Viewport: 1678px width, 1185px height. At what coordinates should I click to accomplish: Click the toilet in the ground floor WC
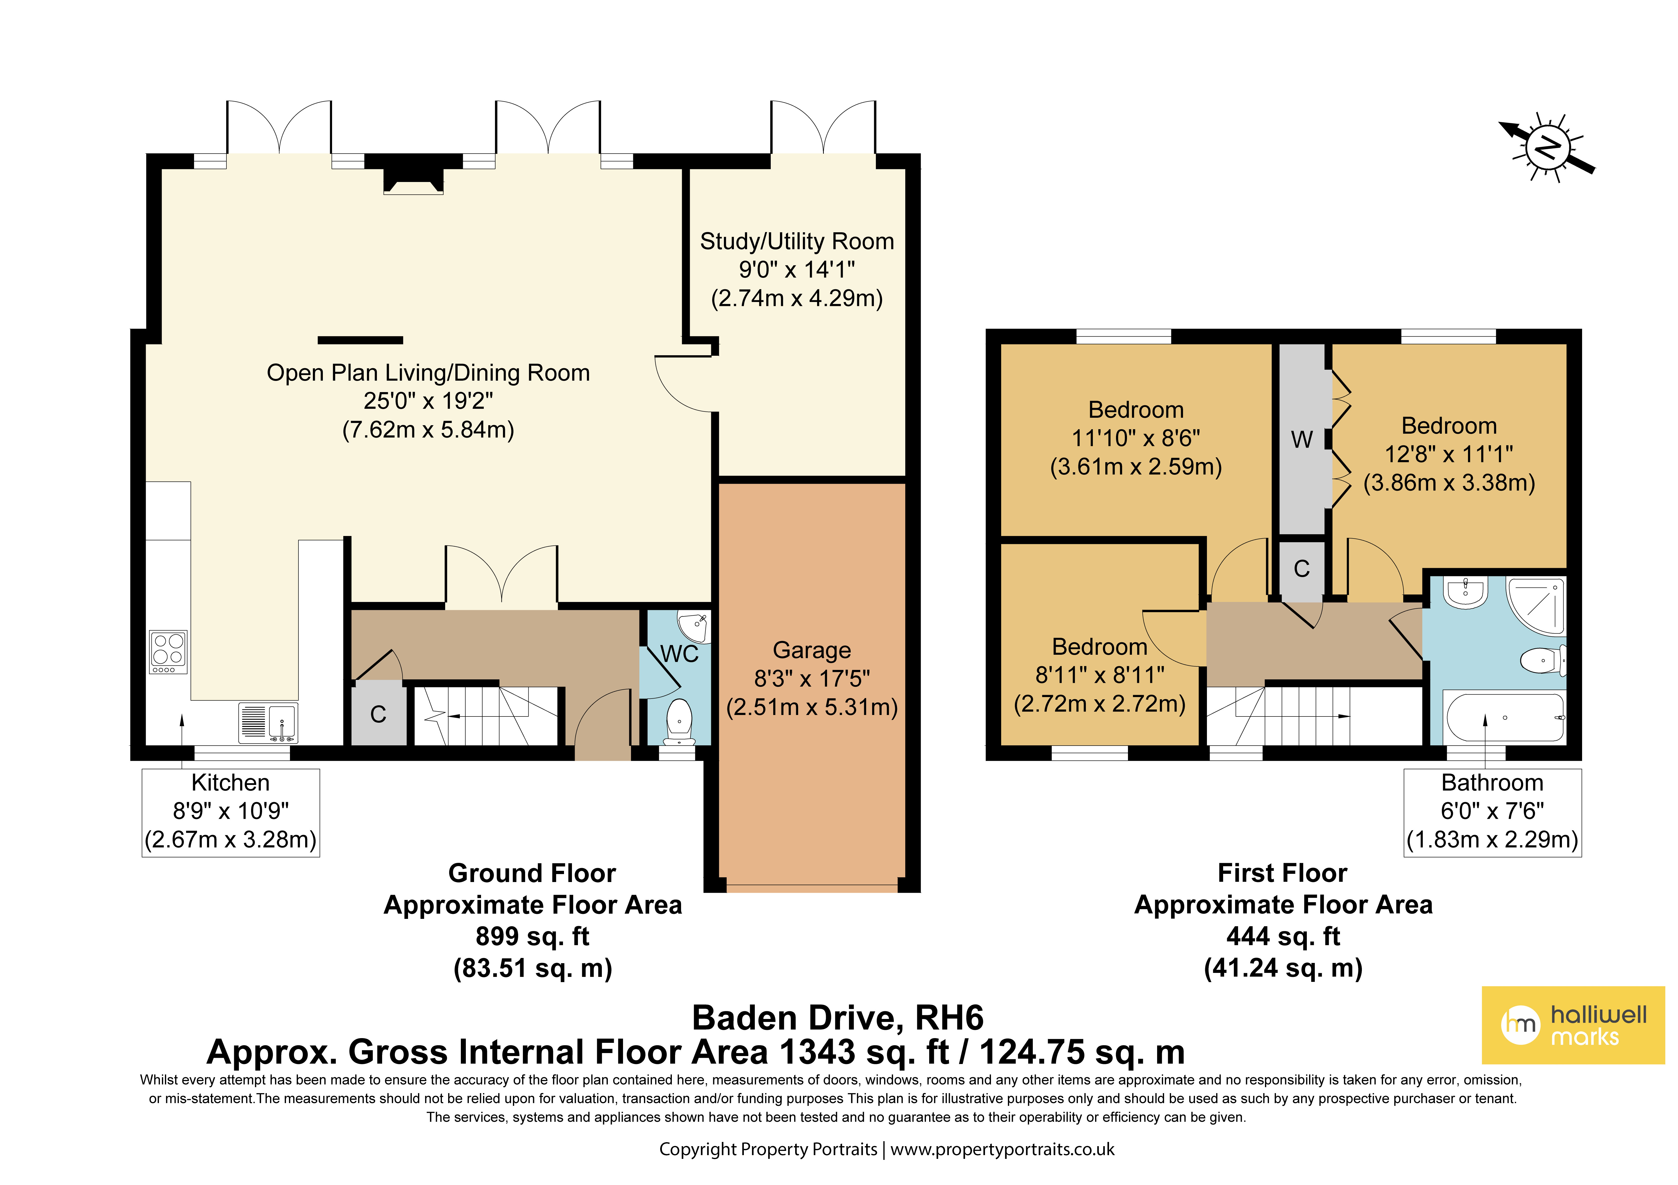[x=680, y=722]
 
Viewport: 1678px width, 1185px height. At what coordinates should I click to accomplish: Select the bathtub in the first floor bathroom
[x=1506, y=717]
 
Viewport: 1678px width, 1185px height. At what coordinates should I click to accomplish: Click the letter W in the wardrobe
[x=1302, y=440]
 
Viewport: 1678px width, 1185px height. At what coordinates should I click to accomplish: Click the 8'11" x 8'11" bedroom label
[x=1100, y=675]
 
